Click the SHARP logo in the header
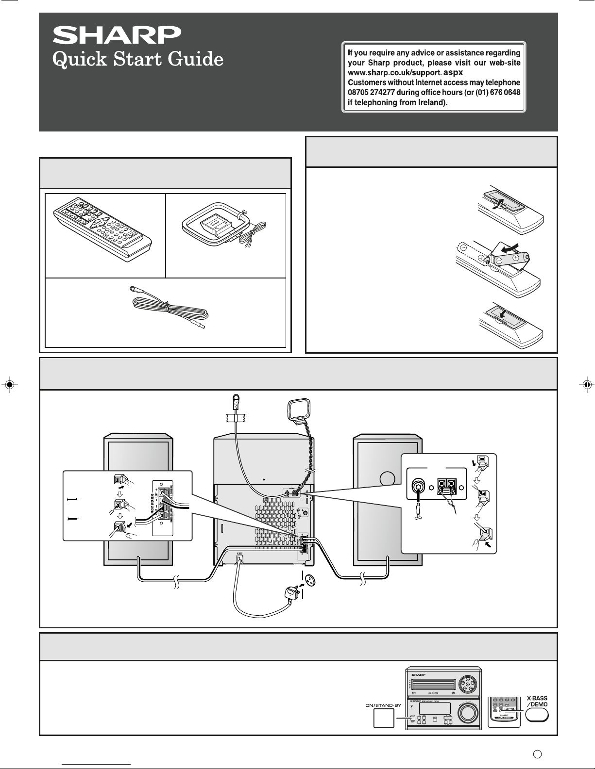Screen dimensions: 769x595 point(117,35)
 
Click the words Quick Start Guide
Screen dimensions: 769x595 point(138,60)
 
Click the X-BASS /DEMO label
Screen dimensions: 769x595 point(537,701)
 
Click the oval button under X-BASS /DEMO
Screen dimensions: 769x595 point(537,715)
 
